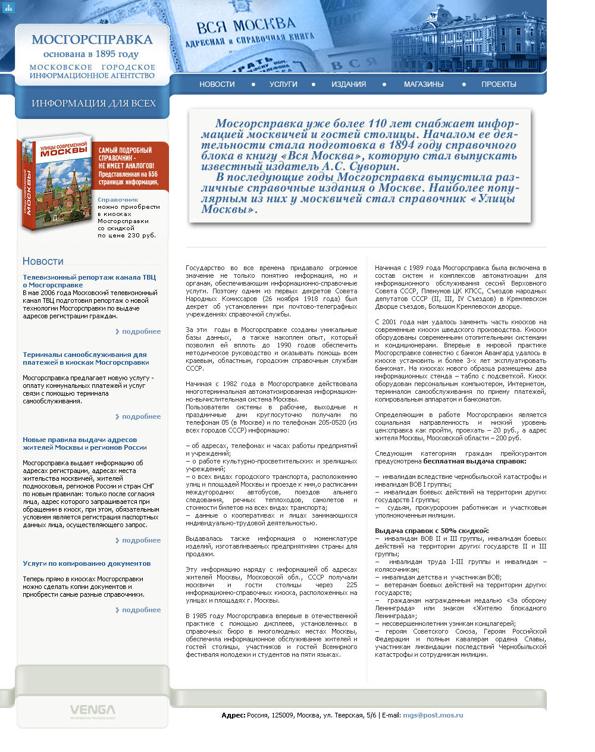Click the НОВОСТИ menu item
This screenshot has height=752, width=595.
coord(217,84)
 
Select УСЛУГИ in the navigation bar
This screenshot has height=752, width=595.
coord(283,84)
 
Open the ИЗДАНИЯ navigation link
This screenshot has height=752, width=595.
coord(349,84)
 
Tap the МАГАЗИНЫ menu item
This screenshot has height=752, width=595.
coord(424,84)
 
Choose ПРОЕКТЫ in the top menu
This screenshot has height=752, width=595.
coord(499,84)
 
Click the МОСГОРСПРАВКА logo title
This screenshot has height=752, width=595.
coord(92,40)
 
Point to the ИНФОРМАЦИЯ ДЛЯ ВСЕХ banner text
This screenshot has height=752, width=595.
coord(93,104)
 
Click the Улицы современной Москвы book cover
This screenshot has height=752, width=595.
coord(56,182)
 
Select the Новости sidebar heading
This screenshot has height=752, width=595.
coord(43,261)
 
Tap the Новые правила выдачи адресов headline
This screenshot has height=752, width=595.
coord(84,443)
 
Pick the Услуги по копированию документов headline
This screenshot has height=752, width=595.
coord(86,563)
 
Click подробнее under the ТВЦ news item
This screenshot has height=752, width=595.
coord(141,331)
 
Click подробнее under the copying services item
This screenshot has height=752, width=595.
coord(141,610)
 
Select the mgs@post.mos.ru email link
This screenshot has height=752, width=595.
coord(433,715)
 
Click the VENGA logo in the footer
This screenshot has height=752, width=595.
coord(92,710)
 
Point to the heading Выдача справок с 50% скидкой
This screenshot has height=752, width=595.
coord(431,531)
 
